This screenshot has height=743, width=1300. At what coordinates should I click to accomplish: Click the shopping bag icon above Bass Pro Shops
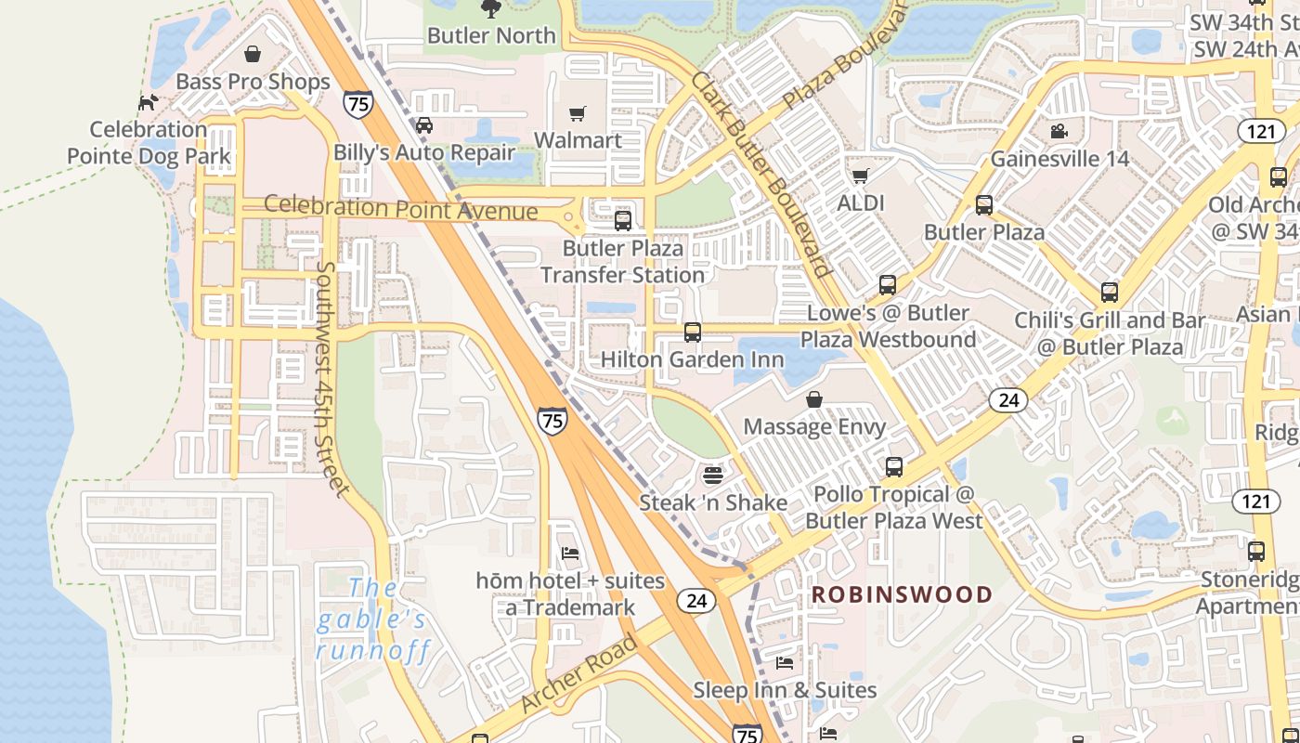[x=253, y=54]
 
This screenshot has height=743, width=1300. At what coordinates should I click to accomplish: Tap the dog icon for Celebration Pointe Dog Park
[x=148, y=102]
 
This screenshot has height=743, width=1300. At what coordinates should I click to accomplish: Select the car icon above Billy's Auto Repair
[x=423, y=125]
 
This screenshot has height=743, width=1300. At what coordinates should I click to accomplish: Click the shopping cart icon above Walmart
[x=578, y=113]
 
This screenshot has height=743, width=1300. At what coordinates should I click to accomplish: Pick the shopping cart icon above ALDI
[x=861, y=176]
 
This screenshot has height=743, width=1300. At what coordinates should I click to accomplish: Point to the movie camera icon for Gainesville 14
[x=1059, y=131]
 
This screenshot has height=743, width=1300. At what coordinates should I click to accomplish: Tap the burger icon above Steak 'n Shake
[x=712, y=476]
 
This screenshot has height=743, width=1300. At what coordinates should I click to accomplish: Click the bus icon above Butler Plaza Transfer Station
[x=623, y=221]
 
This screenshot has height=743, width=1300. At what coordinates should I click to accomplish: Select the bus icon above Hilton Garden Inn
[x=692, y=332]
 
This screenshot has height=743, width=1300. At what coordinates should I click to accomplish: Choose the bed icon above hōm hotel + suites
[x=570, y=554]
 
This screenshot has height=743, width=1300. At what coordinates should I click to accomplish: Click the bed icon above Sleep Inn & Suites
[x=785, y=663]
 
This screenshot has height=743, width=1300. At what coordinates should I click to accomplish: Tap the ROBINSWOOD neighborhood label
[x=903, y=594]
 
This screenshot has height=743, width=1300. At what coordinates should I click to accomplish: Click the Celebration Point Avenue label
[x=401, y=207]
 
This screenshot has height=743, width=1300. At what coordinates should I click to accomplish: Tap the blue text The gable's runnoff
[x=373, y=619]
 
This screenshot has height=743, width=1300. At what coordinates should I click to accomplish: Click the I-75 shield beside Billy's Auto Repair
[x=357, y=103]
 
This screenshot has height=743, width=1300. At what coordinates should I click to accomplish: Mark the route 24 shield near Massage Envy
[x=1007, y=400]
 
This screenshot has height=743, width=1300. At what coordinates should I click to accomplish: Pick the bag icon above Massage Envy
[x=814, y=399]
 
